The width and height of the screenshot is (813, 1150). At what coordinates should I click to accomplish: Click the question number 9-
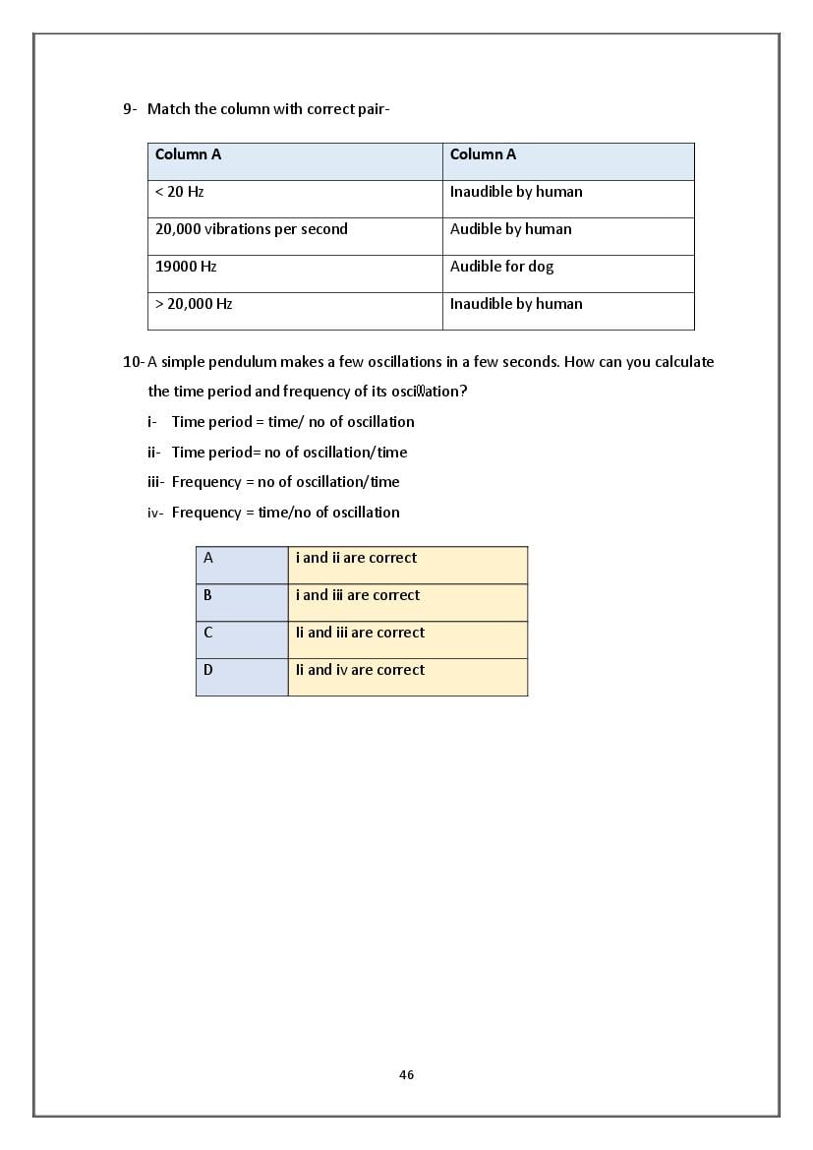click(x=131, y=109)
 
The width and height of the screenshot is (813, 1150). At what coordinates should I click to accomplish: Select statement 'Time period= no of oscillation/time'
click(x=289, y=453)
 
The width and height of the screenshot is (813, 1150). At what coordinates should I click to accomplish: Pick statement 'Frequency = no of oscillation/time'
click(x=285, y=482)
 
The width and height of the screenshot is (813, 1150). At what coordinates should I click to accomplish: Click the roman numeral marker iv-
click(x=154, y=513)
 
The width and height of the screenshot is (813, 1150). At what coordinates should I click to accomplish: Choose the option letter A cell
click(x=242, y=565)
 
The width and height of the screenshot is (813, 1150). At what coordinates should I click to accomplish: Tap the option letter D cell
click(x=242, y=677)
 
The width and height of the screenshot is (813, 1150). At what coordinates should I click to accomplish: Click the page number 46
click(x=406, y=1075)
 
